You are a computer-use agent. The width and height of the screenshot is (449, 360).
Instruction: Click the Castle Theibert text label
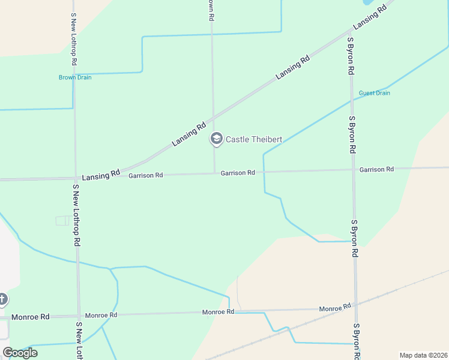253,139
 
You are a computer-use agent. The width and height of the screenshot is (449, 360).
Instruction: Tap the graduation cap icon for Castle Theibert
215,139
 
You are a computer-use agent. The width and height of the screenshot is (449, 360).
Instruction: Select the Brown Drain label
75,77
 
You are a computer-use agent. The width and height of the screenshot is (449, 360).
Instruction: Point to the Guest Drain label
375,93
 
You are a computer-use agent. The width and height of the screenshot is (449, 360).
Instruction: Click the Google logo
20,353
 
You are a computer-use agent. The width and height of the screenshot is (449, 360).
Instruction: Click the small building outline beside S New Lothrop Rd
62,221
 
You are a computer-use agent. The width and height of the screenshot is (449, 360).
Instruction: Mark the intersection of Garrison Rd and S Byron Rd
353,170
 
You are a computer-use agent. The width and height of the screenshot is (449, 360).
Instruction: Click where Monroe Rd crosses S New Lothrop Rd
78,315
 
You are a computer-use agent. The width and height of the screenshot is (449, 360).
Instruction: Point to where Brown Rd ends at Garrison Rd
215,173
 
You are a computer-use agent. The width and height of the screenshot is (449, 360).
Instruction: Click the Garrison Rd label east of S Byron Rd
376,170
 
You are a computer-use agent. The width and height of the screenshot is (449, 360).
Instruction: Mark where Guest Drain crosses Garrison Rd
264,172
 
